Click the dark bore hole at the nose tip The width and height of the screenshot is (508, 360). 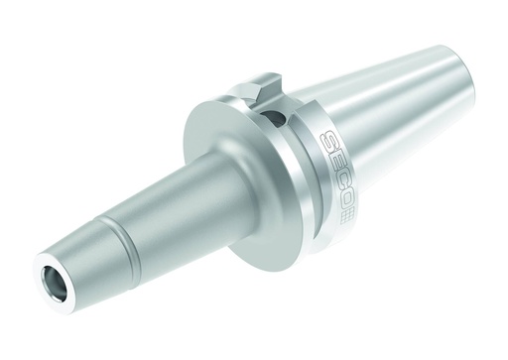53,280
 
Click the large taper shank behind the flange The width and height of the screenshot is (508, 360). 397,129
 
